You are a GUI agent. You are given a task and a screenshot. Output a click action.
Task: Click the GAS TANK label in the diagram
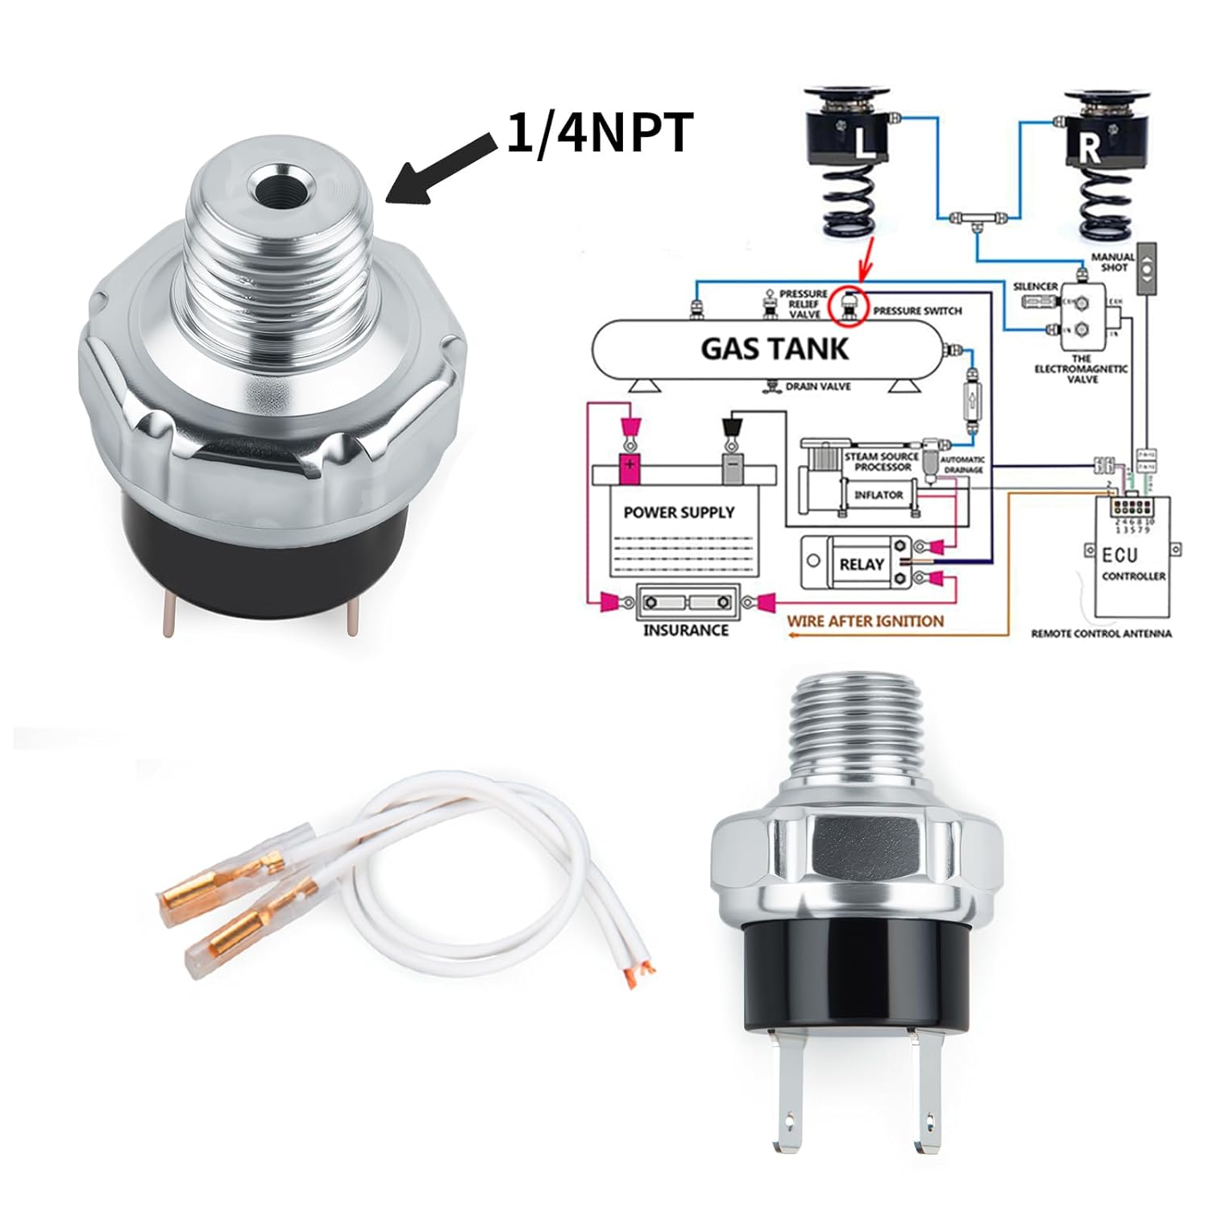(774, 348)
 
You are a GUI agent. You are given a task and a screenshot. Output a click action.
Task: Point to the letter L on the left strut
(865, 146)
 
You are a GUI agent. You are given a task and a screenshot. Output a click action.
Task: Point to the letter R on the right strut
(1089, 148)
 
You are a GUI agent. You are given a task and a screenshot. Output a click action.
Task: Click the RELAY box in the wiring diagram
(861, 563)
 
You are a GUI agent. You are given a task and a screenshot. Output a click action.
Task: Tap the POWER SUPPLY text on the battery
(679, 513)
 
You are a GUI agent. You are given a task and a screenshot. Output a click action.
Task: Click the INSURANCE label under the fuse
(685, 630)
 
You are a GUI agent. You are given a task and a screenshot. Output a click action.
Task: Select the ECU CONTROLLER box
(1132, 556)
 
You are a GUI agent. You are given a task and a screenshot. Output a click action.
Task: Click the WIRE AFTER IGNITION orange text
(865, 621)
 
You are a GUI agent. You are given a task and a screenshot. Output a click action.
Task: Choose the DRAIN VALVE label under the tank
(817, 387)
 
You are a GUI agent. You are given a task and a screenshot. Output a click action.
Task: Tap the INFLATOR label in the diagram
(879, 495)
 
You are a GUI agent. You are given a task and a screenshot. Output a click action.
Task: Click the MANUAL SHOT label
(1113, 261)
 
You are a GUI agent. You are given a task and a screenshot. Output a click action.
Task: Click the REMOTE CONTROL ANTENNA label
(1101, 634)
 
